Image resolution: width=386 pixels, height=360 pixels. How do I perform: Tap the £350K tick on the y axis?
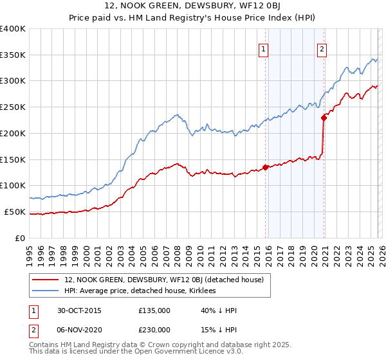[13, 55]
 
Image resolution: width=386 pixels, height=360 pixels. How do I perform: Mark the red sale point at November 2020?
[324, 118]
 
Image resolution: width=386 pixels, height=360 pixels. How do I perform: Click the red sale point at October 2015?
[265, 167]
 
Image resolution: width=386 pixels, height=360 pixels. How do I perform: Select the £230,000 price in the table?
[154, 329]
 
